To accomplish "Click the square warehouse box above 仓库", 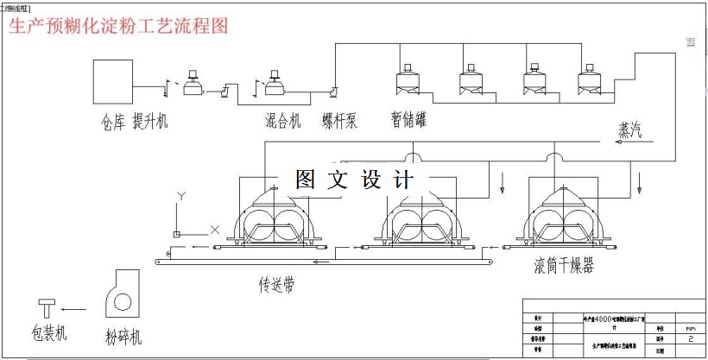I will (x=114, y=81).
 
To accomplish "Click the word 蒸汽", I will (x=629, y=129).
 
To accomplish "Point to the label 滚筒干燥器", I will (x=564, y=265).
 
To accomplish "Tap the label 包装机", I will (x=48, y=332).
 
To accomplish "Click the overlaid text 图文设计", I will (x=354, y=180).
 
